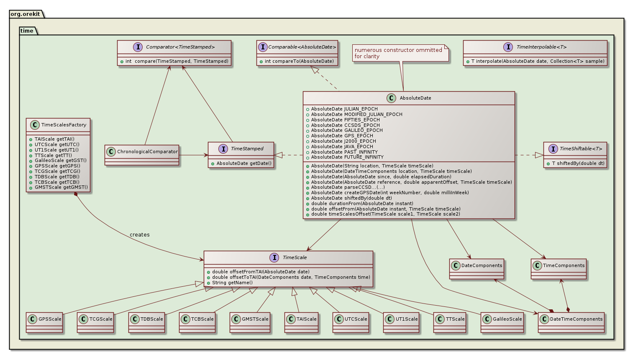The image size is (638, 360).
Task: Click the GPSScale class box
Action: pos(44,321)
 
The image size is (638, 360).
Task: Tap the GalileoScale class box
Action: pos(502,321)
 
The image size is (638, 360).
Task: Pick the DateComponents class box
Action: pos(477,268)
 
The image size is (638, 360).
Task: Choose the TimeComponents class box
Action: pos(559,268)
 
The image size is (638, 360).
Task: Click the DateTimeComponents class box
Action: pos(571,321)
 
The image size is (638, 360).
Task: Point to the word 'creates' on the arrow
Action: pos(139,234)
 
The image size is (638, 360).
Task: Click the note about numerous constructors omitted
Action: pos(398,53)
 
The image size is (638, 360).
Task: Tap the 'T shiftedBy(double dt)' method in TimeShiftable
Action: pos(578,163)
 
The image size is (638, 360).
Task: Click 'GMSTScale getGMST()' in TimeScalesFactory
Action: pos(61,187)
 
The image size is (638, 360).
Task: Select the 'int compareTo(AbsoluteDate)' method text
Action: pos(299,61)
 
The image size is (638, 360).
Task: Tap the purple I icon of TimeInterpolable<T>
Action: pos(508,47)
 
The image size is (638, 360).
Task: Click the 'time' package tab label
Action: pos(27,31)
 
